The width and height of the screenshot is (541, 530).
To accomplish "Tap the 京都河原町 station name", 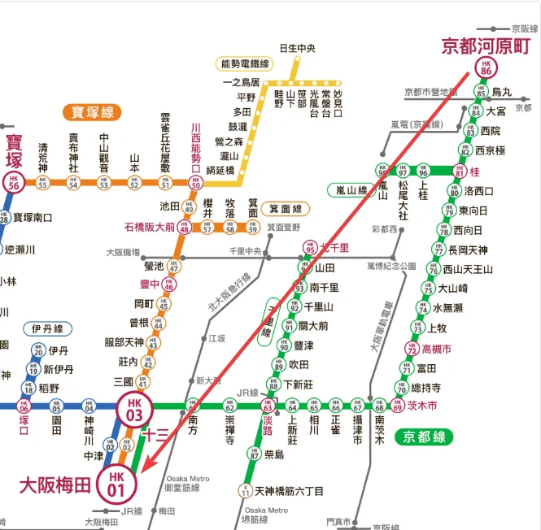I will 486,46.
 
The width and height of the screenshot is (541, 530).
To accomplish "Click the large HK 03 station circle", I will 133,409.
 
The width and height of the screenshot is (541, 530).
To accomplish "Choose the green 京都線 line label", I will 424,437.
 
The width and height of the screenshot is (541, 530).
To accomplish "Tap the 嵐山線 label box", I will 352,189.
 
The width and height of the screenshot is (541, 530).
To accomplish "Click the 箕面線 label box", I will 285,210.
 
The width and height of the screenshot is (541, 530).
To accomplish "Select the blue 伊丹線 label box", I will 48,328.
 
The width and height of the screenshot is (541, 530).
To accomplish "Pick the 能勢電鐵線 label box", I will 245,63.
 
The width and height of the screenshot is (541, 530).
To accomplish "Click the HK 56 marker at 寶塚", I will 13,183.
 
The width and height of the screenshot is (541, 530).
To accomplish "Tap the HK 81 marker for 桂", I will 460,172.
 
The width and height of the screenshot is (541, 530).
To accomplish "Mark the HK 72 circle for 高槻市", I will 412,350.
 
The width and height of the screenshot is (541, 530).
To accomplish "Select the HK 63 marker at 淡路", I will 266,405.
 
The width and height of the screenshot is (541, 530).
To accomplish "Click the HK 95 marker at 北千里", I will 310,248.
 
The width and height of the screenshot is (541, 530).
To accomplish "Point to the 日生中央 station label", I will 297,48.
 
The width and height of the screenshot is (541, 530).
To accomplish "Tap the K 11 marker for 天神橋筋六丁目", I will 244,491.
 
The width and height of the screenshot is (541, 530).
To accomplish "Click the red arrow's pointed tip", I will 142,472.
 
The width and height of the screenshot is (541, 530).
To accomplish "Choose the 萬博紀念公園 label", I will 391,266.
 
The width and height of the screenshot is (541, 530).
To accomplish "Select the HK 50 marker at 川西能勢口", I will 194,183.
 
